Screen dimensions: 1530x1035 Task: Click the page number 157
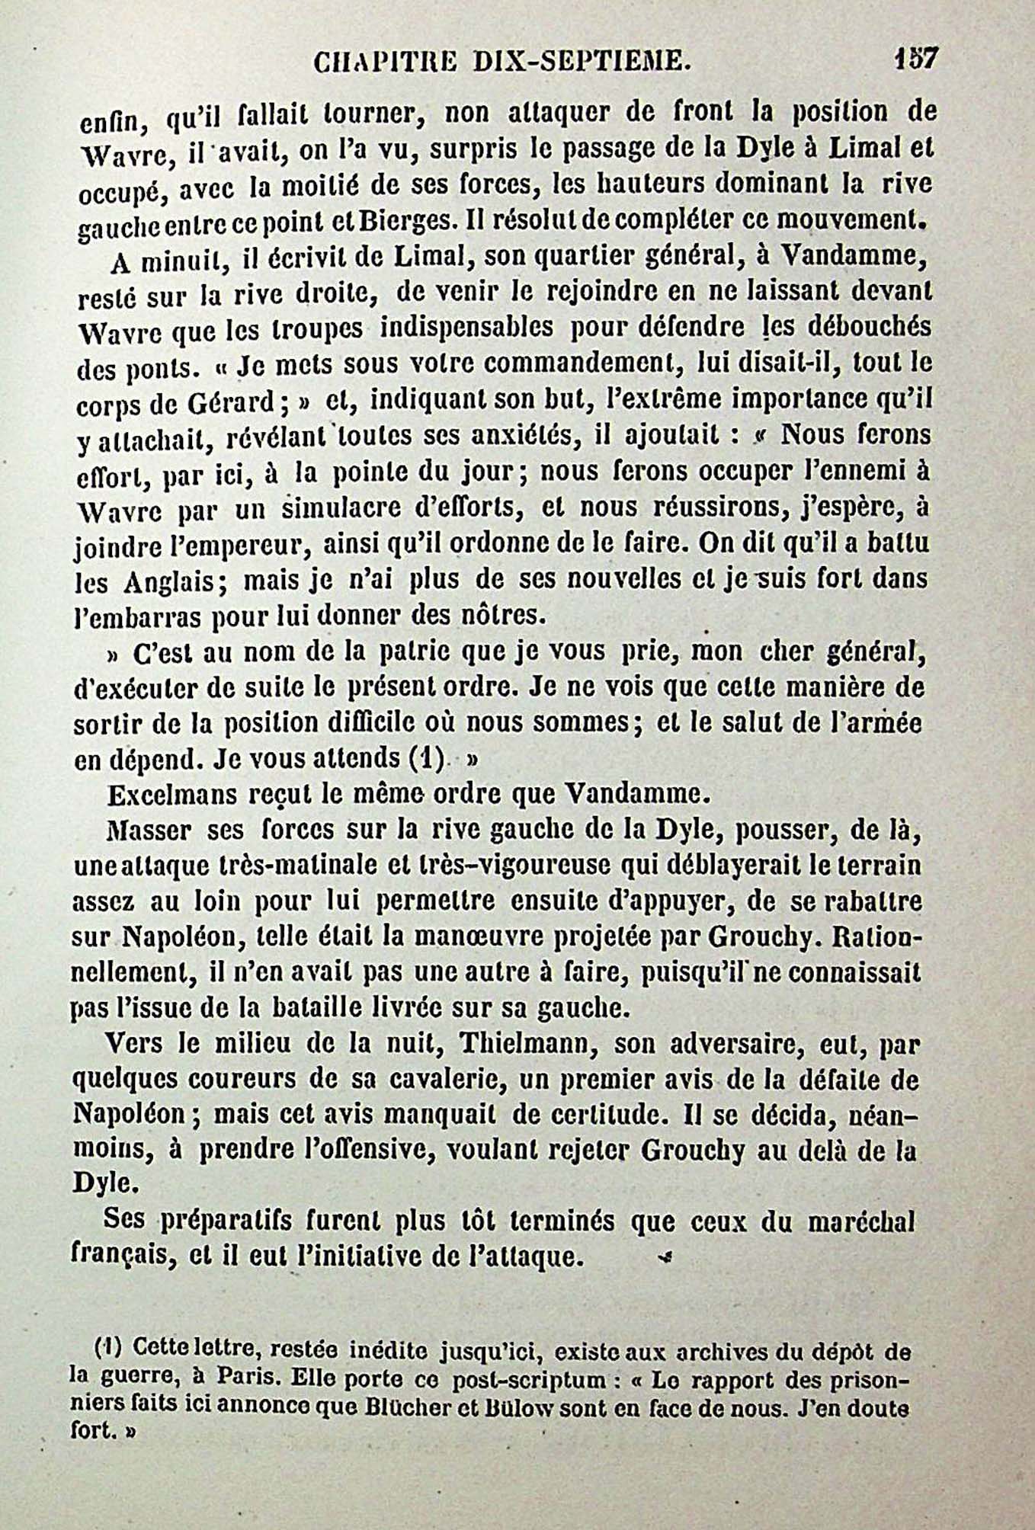point(917,58)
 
